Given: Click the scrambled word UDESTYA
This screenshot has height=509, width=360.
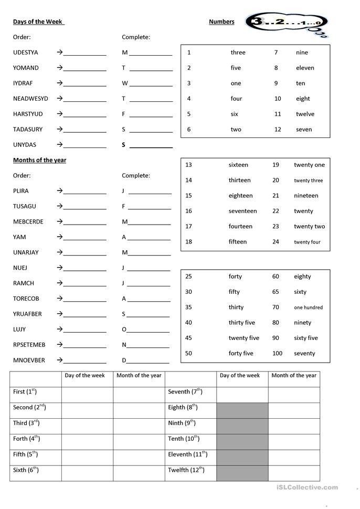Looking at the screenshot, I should click(x=25, y=52).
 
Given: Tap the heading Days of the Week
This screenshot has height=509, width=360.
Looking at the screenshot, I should click(x=37, y=22).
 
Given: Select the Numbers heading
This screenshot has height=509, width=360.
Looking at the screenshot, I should click(x=221, y=22).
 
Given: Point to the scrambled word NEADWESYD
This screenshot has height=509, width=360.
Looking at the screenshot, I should click(x=30, y=99).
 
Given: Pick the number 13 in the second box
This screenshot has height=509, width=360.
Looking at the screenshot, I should click(x=188, y=165).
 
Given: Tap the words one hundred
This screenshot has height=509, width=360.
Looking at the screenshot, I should click(x=308, y=307).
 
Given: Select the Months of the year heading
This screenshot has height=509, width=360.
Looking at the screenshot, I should click(x=39, y=160).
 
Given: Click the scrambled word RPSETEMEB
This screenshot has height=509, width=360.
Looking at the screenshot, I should click(x=29, y=345).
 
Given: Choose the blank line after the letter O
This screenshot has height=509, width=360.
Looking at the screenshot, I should click(x=149, y=331).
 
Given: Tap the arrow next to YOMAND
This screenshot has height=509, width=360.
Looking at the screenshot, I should click(x=60, y=68).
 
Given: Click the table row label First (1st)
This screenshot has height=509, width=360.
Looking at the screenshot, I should click(x=25, y=391).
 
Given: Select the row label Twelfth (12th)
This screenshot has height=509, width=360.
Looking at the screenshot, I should click(x=186, y=470).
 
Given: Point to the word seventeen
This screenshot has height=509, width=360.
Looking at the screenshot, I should click(x=242, y=211).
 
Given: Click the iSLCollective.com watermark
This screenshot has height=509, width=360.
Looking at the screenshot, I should click(x=307, y=487).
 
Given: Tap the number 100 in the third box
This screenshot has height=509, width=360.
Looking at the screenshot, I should click(x=277, y=354).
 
